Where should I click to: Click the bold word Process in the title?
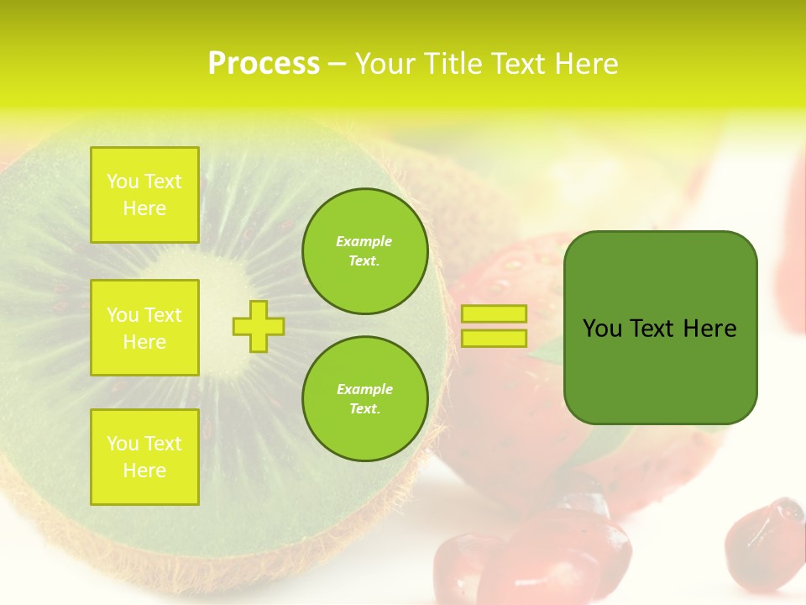264,64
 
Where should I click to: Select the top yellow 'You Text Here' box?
144,195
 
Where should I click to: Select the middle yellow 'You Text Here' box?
144,328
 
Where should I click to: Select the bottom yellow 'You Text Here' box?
144,456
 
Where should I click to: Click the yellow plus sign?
259,326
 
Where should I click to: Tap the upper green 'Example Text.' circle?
365,251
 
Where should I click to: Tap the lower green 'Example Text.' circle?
365,398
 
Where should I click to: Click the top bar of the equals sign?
494,314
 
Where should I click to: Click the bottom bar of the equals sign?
494,338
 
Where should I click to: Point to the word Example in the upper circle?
364,241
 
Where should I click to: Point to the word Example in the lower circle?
364,389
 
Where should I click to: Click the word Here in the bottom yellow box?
144,471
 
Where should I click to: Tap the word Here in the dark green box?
709,329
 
